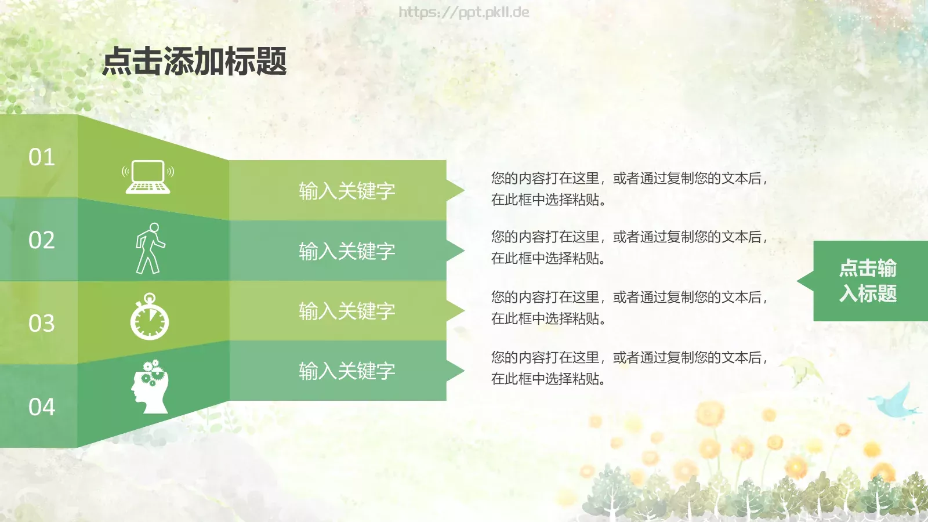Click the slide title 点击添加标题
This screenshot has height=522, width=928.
(194, 61)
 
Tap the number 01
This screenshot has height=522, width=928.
(42, 157)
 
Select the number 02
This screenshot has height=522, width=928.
(42, 240)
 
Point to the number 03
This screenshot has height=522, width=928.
(42, 323)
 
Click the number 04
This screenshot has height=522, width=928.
(42, 407)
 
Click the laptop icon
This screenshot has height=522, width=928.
(148, 177)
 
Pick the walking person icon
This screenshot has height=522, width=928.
(150, 248)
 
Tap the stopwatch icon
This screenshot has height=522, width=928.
(150, 317)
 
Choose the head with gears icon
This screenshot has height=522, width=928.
(150, 387)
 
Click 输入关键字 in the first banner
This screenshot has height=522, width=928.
(347, 191)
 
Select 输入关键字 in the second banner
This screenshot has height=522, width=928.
(347, 251)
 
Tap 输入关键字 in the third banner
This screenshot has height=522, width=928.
(347, 311)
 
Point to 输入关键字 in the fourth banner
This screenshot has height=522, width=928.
(347, 371)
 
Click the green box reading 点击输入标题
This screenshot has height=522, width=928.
(868, 281)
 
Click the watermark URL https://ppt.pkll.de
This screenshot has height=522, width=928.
(463, 12)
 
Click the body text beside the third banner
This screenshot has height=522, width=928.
(629, 307)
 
